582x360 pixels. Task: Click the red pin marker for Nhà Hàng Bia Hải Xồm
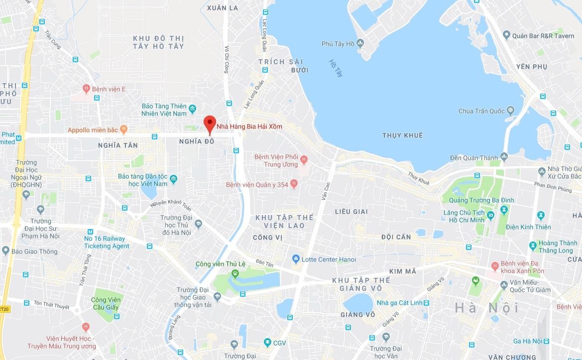pos(210,122)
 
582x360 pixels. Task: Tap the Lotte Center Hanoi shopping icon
pos(296,259)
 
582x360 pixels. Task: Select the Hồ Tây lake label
pos(337,68)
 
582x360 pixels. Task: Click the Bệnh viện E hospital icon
pos(86,89)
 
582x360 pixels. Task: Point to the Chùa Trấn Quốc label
pos(482,111)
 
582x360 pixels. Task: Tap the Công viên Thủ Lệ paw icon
pos(234,274)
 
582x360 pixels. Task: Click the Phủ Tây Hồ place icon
pos(361,44)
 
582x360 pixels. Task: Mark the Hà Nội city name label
pos(486,308)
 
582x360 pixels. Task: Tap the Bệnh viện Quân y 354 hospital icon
pos(294,184)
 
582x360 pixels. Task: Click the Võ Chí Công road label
pos(227,60)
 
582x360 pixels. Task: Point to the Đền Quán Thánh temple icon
pos(504,157)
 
